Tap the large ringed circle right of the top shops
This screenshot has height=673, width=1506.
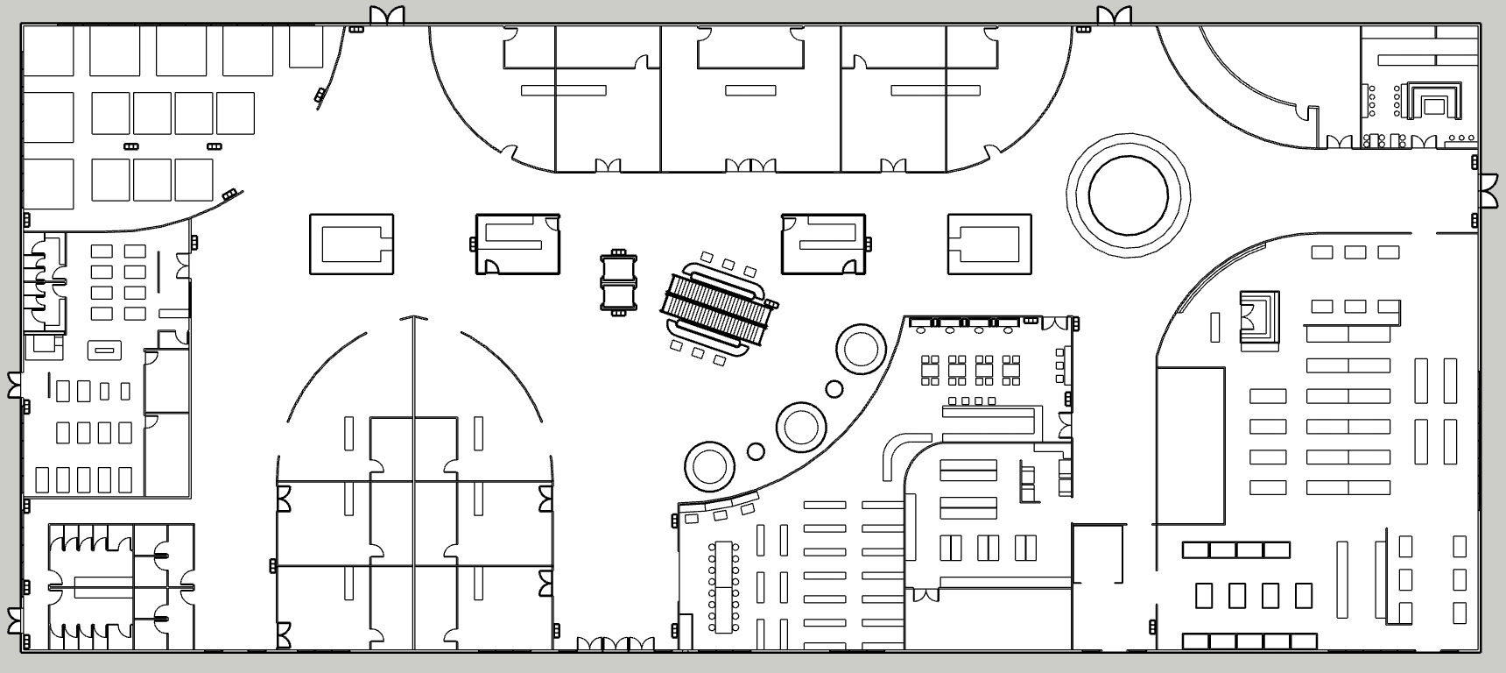coord(1128,195)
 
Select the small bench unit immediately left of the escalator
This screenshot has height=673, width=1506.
coord(619,282)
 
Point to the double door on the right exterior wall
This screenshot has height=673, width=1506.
coord(1488,192)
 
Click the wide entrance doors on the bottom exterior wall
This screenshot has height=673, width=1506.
coord(616,644)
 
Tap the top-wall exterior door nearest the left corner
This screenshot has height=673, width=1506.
coord(386,16)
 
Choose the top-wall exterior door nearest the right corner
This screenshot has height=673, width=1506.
coord(1114,16)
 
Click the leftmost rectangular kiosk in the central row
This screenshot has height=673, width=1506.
coord(351,244)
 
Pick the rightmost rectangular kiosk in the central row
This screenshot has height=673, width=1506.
coord(989,244)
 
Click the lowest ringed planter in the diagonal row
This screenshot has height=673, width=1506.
coord(708,465)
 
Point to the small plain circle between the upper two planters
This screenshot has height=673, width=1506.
coord(834,388)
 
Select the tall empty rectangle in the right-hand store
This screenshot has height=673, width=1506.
coord(1190,445)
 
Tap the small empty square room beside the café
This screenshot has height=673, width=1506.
coord(1098,554)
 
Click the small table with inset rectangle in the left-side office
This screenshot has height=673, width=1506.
coord(104,351)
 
